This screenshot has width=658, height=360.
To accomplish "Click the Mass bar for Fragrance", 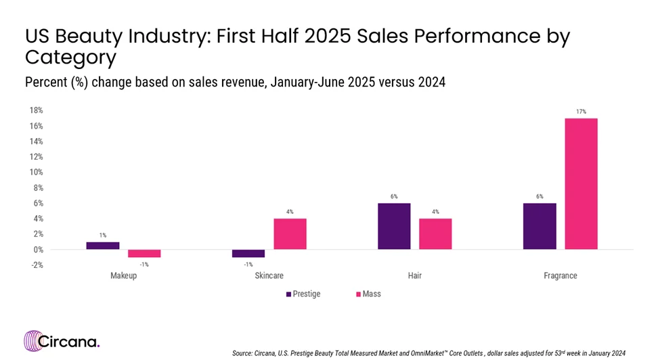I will tap(581, 183).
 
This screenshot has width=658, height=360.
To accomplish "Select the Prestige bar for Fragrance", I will tap(540, 226).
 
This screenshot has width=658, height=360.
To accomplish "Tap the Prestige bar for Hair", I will tap(394, 226).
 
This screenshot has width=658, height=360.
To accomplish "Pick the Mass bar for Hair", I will tap(435, 233).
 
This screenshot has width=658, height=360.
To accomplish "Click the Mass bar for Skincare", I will tap(290, 233).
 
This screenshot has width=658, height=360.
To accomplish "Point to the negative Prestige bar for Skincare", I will tap(248, 253).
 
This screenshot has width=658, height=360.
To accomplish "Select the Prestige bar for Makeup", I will tap(103, 246).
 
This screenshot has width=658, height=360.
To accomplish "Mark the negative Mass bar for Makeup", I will tap(144, 253).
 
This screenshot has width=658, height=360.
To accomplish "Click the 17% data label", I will tap(581, 111).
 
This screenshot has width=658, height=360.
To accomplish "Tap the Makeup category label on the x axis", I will tap(123, 276).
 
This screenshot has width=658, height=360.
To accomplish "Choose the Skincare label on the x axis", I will tap(269, 276).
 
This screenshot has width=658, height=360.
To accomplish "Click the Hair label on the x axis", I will tap(414, 276).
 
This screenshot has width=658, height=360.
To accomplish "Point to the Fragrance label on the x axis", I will tap(561, 276).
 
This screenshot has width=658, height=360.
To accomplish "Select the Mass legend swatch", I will tap(357, 294).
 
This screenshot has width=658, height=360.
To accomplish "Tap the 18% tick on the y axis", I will tap(36, 110).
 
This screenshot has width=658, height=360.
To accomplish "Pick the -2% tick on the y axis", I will tap(36, 265).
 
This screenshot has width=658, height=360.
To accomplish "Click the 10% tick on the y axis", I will tap(36, 172).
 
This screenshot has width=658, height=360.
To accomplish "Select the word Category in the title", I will tap(70, 57).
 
